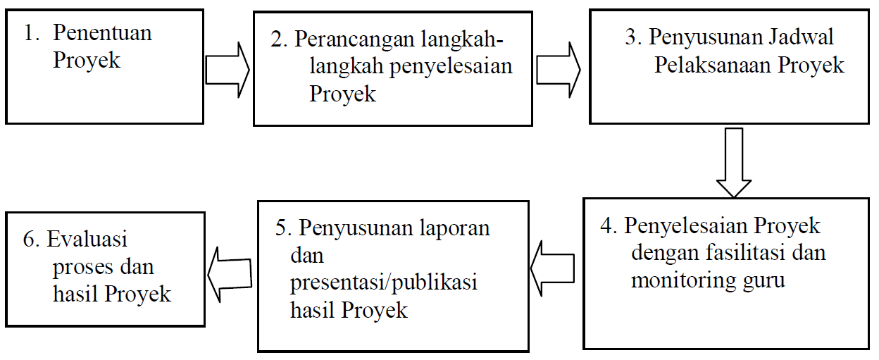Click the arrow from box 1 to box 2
[x=227, y=70]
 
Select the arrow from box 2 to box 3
[x=559, y=70]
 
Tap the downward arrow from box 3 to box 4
[x=734, y=162]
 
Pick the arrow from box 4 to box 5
[x=552, y=268]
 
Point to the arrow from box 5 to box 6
[x=230, y=275]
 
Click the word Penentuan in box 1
[x=102, y=32]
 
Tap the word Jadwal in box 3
[x=801, y=37]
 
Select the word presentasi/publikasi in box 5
[x=383, y=283]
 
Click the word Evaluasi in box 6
[x=87, y=239]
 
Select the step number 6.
[x=32, y=239]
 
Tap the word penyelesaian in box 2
[x=451, y=67]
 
